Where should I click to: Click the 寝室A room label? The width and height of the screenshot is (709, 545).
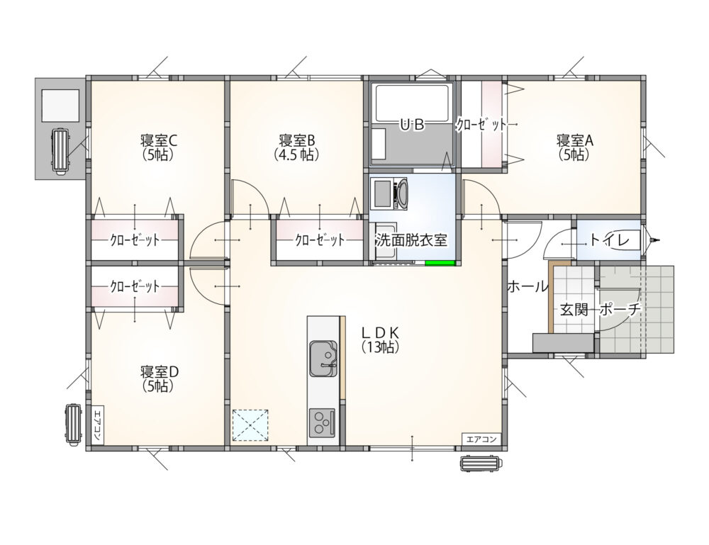574,140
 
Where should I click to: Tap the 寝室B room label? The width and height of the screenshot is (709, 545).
297,140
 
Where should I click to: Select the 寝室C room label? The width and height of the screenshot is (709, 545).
158,140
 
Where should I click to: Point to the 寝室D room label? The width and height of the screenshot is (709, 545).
159,372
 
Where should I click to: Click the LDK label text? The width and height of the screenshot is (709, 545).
380,332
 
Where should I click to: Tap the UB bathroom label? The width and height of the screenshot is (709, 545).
412,124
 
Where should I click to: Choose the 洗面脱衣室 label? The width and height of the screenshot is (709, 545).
411,240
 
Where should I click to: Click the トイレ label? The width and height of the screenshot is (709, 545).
610,240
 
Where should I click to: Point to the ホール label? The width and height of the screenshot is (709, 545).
527,286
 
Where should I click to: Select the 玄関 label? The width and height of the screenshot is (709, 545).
574,310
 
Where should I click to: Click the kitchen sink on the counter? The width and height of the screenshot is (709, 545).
323,359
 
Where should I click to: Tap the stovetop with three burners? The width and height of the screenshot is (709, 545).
322,423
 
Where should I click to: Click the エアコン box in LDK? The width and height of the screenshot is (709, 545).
481,439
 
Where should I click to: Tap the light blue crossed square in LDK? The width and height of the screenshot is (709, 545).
250,425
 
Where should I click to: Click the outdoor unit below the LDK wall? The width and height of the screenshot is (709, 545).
481,464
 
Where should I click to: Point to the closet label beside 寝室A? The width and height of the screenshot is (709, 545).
481,125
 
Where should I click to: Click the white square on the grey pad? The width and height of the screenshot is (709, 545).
60,106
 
